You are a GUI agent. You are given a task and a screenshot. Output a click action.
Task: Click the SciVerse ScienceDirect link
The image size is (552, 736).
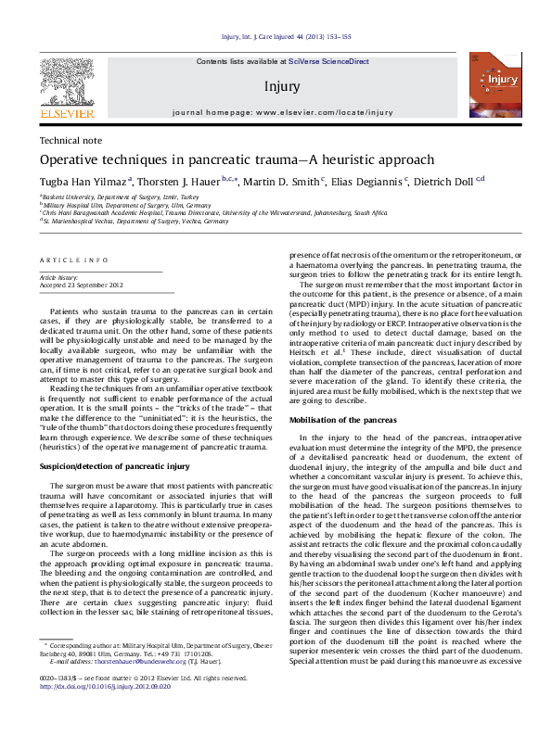(x=328, y=61)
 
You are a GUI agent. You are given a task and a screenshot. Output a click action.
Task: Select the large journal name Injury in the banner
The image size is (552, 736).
(x=282, y=87)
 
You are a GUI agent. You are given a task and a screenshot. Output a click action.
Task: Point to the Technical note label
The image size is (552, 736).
(x=71, y=140)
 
